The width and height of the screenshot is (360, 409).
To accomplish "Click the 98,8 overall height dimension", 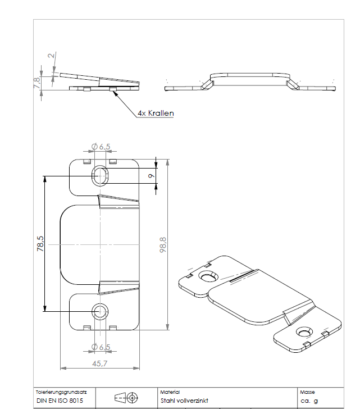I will click(163, 244).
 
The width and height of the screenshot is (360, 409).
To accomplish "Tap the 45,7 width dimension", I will click(99, 363).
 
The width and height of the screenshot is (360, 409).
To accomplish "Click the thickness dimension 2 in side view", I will click(51, 56).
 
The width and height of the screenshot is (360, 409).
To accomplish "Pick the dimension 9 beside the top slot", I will click(151, 176).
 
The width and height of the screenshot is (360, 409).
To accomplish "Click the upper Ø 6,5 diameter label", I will click(101, 147).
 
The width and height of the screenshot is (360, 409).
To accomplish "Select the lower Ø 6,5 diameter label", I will click(101, 346).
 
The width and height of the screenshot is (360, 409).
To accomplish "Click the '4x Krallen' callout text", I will click(156, 113).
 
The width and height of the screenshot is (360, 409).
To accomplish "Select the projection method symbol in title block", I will click(126, 398).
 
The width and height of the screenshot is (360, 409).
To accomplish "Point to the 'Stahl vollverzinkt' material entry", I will click(184, 401).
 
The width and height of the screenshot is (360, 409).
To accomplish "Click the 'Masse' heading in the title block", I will click(308, 392).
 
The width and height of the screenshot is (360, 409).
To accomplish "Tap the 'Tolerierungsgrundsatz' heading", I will click(60, 392).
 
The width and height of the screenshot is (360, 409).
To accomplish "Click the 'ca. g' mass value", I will click(309, 401).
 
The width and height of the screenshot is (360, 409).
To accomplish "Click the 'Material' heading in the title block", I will click(169, 392).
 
